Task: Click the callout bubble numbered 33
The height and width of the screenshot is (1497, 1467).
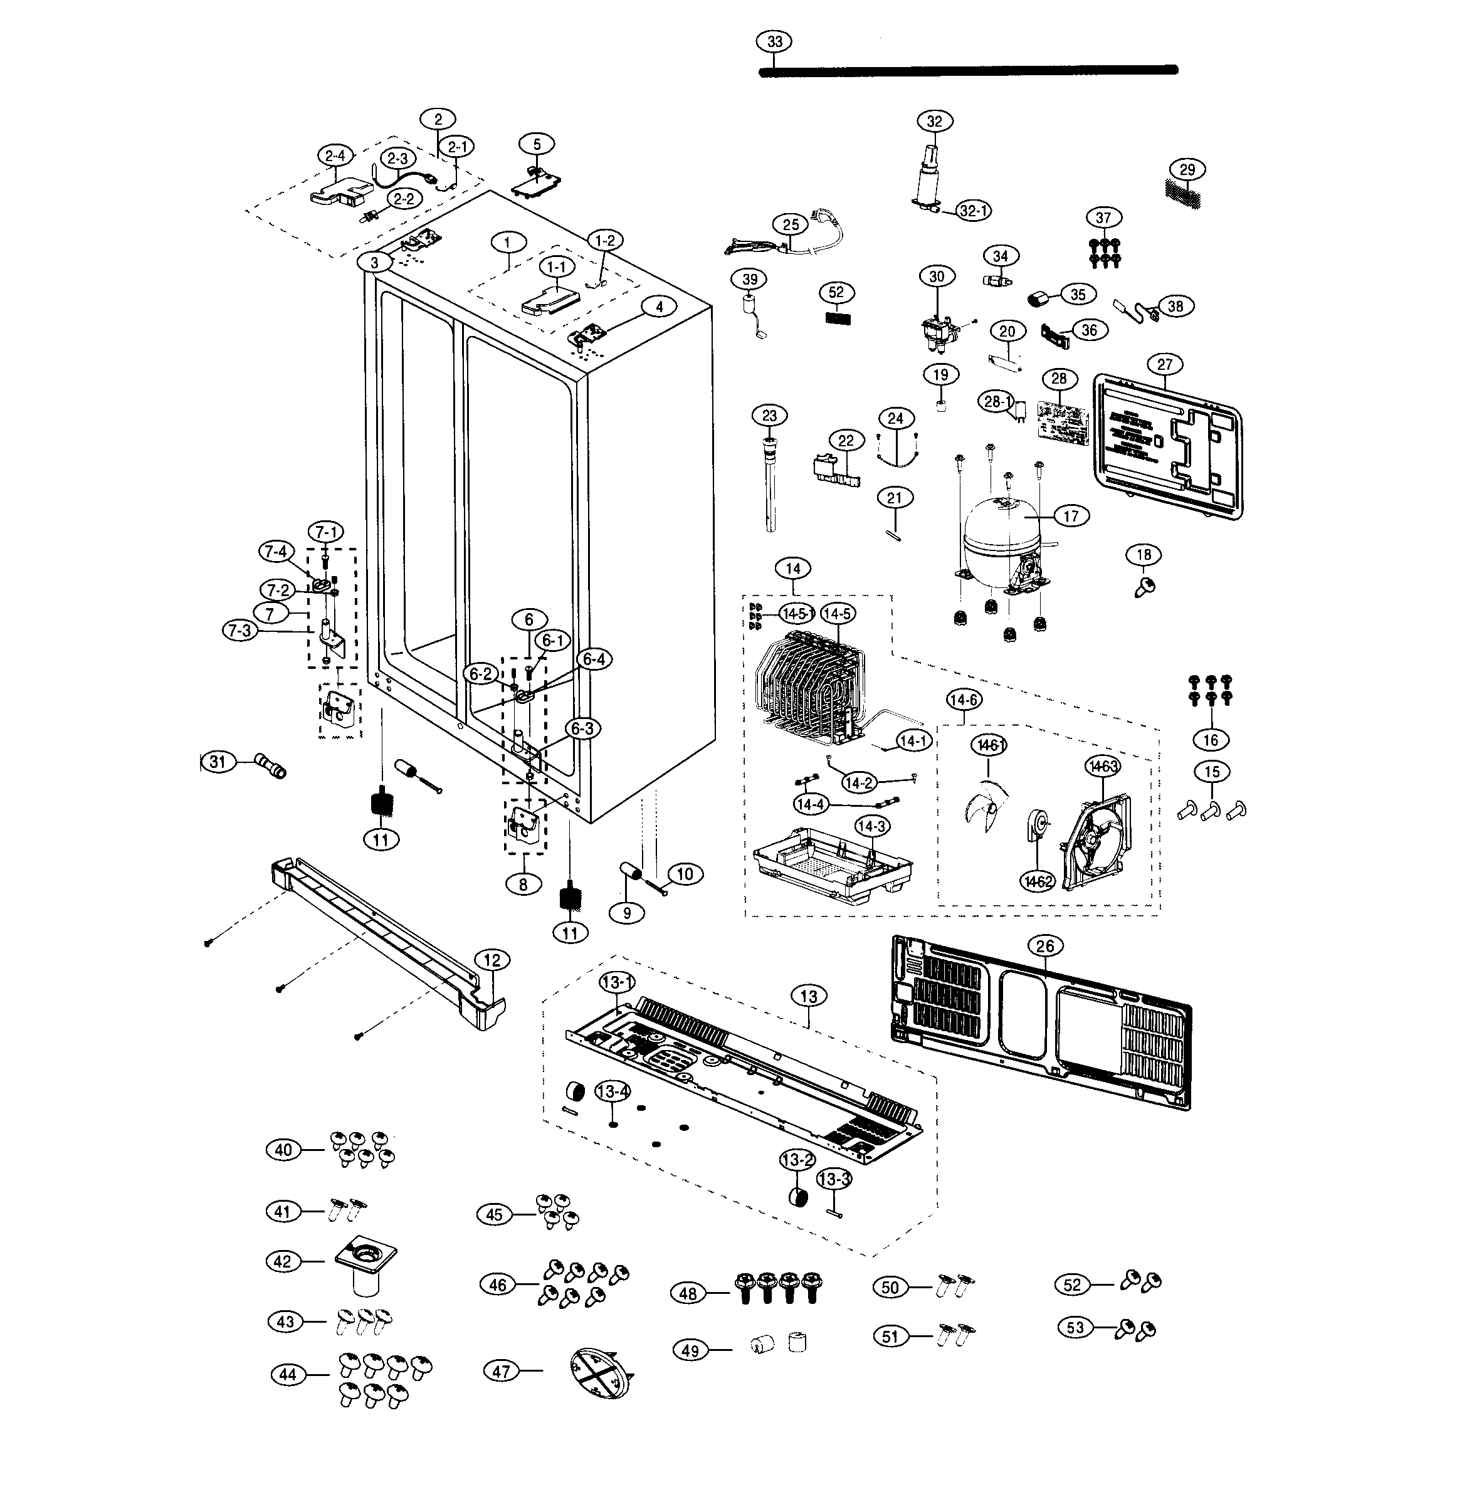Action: [774, 41]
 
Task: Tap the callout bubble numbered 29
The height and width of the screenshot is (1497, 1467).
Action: [1187, 169]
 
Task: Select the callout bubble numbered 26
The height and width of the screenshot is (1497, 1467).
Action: [1045, 946]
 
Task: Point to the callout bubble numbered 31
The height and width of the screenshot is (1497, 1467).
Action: [218, 762]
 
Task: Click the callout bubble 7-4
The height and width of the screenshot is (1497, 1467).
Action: [276, 552]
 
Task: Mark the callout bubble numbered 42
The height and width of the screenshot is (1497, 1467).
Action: [283, 1261]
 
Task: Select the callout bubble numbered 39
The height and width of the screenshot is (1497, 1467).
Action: [750, 280]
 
